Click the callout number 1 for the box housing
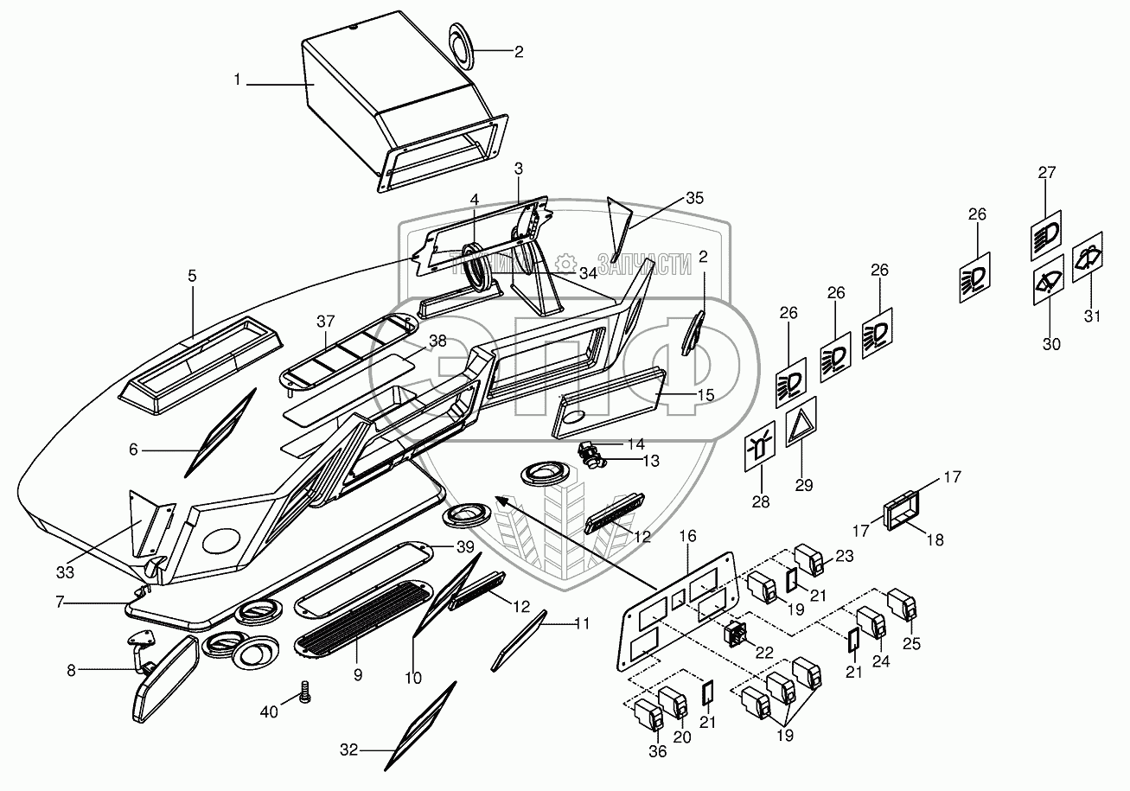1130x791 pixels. click(x=237, y=80)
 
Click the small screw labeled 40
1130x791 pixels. click(x=303, y=692)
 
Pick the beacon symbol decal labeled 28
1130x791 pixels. click(x=759, y=450)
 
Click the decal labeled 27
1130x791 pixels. click(x=1047, y=235)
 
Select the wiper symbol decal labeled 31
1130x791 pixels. click(x=1086, y=257)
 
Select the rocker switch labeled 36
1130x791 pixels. click(x=649, y=714)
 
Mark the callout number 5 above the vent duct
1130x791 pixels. click(x=192, y=276)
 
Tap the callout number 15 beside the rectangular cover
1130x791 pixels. click(x=706, y=394)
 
